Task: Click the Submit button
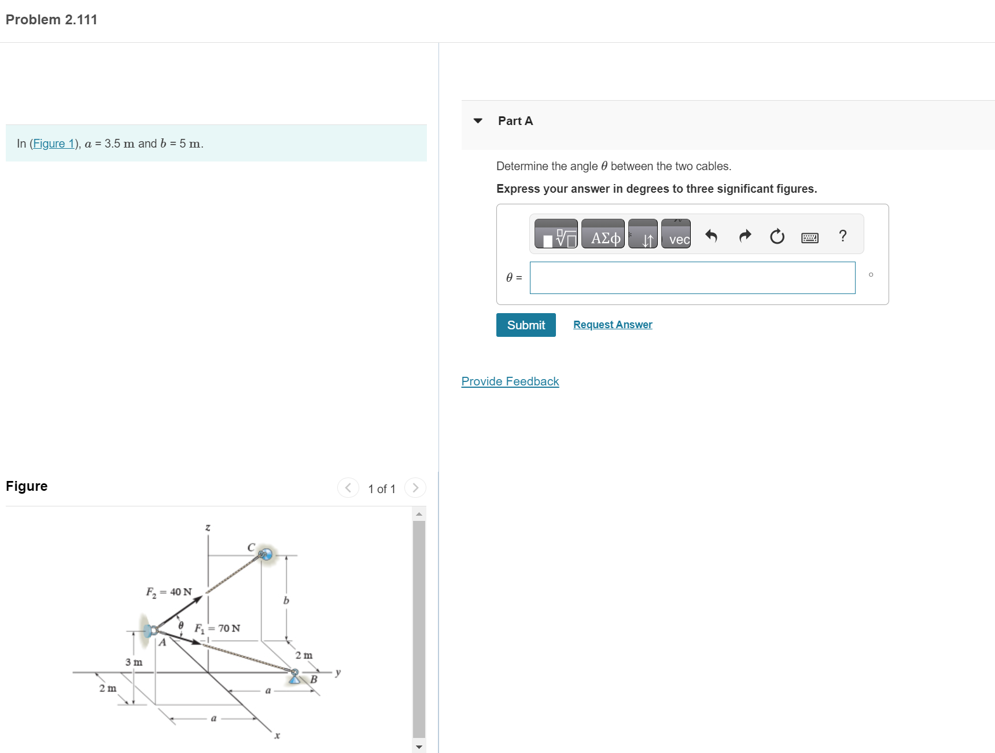click(x=525, y=325)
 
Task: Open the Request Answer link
click(x=612, y=325)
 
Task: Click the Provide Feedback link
click(x=510, y=381)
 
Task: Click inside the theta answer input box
click(x=692, y=278)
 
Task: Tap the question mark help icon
click(x=842, y=236)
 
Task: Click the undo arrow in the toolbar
click(x=711, y=236)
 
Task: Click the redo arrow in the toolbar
click(x=745, y=236)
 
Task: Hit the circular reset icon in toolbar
click(x=777, y=236)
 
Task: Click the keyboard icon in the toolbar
click(x=809, y=237)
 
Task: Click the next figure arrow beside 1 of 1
click(x=415, y=488)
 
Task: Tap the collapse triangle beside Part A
click(x=478, y=121)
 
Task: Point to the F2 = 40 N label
click(x=168, y=592)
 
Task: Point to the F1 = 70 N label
click(x=217, y=629)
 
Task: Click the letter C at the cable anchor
click(x=251, y=547)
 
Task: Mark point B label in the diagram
click(x=314, y=679)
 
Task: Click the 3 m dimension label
click(x=134, y=662)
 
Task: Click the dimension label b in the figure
click(x=286, y=601)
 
